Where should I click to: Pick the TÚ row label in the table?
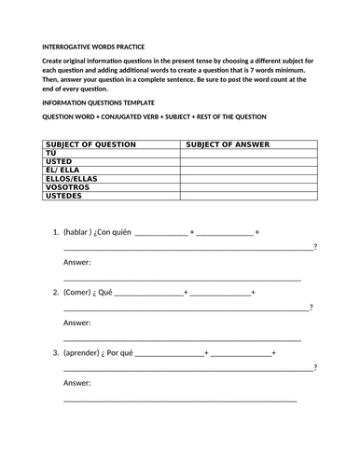click(x=52, y=152)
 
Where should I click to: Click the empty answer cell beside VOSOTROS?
click(x=247, y=186)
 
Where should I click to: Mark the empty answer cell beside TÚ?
click(x=247, y=152)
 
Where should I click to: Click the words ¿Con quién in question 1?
click(x=116, y=232)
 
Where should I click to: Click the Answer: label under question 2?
click(x=76, y=322)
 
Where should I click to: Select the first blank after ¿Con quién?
click(x=160, y=233)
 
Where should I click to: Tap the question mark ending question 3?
click(x=315, y=367)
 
